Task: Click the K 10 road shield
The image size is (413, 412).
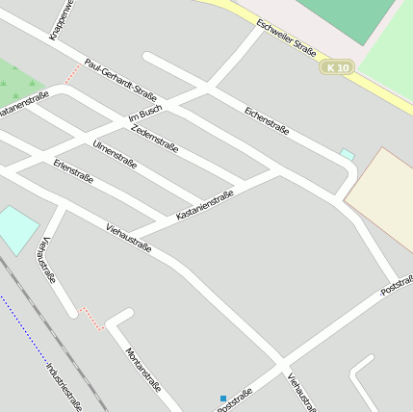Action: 338,67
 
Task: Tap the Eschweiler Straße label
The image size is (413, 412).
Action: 287,38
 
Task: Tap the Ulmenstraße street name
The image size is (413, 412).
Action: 115,155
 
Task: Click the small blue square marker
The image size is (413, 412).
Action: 223,399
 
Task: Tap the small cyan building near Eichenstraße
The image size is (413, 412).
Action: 348,154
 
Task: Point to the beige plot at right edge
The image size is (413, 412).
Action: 383,191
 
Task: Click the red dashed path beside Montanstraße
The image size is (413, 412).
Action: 91,319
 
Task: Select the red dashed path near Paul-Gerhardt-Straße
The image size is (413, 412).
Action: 73,72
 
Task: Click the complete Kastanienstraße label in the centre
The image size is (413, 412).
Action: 205,205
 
